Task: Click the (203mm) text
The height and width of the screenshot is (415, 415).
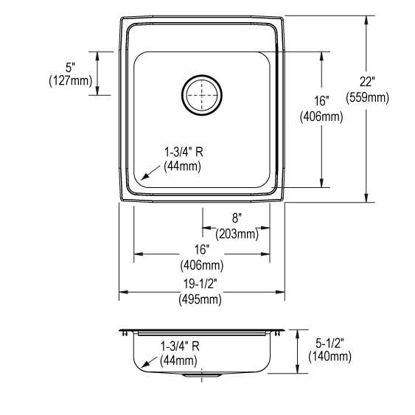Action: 237,234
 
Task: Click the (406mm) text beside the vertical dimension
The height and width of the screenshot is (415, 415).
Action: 321,116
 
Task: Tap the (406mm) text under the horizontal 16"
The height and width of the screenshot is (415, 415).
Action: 201,265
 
